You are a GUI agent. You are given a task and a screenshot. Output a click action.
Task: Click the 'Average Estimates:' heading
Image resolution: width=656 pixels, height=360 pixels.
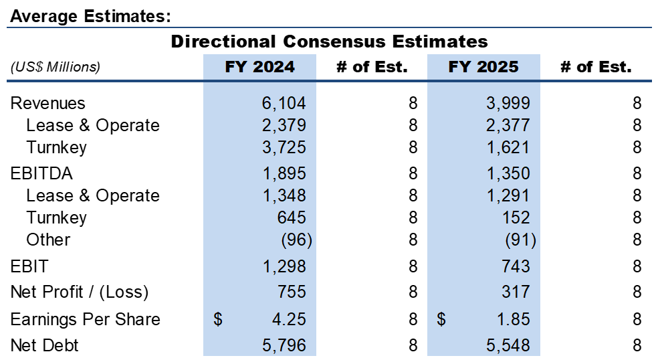(x=90, y=16)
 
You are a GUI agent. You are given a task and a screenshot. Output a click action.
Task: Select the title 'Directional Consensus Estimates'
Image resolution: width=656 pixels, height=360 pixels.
(x=329, y=41)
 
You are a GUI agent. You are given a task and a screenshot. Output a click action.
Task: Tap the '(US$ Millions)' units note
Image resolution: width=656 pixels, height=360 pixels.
(x=56, y=67)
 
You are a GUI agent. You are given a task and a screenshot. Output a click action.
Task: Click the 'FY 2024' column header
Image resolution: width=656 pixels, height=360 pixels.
(x=259, y=67)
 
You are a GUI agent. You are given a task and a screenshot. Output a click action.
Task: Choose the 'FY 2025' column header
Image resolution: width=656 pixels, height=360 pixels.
(x=483, y=67)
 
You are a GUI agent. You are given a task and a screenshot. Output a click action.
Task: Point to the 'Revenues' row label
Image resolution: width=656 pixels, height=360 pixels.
(x=48, y=103)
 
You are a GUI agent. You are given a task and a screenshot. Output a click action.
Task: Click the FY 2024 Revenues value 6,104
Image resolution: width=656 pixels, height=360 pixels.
(x=284, y=103)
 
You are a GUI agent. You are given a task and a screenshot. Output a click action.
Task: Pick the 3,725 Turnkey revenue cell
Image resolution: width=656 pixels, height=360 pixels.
(x=284, y=147)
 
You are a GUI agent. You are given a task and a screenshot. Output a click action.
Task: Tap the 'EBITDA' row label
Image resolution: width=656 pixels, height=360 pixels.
(x=41, y=173)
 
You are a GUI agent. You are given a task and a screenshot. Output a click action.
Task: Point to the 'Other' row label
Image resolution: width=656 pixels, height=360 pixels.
(x=48, y=240)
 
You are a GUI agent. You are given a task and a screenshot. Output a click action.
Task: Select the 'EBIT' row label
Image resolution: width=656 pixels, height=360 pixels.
(x=29, y=266)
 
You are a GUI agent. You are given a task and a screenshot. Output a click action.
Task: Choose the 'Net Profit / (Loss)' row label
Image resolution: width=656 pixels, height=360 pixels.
(x=80, y=292)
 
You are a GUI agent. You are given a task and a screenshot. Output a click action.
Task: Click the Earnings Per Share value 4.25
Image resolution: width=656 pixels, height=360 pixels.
(x=288, y=319)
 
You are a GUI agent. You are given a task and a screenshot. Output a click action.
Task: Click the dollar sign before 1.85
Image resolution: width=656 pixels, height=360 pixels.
(x=441, y=319)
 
